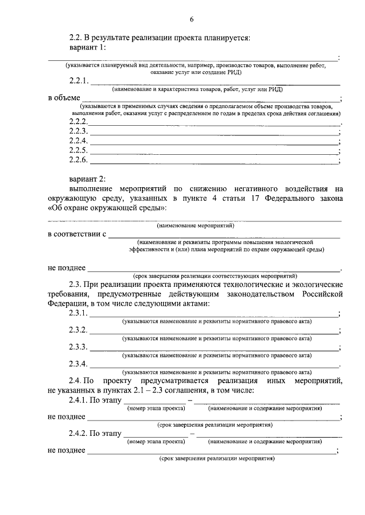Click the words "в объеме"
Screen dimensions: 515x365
point(63,97)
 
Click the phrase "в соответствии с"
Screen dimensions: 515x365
point(76,234)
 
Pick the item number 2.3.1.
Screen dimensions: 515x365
point(79,314)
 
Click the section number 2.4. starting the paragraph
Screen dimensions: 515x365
point(76,380)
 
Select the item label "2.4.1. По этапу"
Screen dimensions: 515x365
point(95,401)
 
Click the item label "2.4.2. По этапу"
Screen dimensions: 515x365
point(95,434)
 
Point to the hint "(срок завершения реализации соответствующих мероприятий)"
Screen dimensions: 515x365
point(215,275)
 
